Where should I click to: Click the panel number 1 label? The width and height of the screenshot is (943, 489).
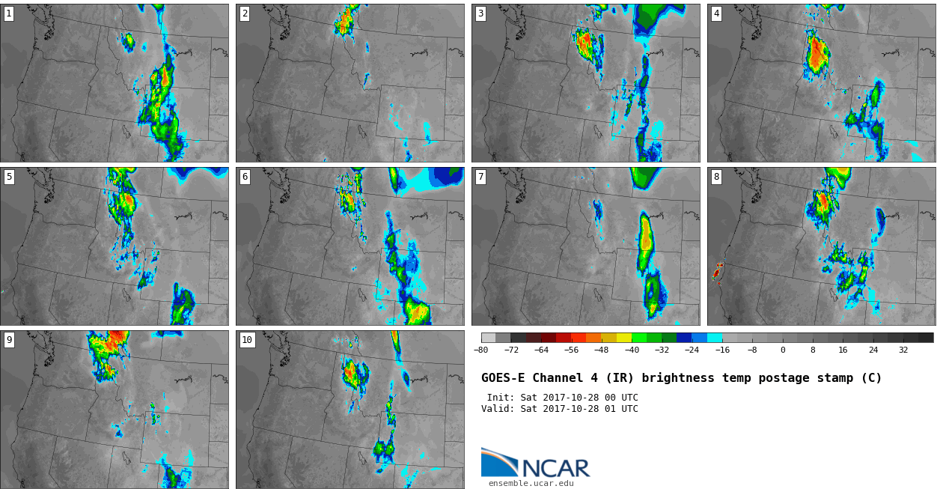coord(8,14)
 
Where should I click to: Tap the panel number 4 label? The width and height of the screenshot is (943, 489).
coord(716,14)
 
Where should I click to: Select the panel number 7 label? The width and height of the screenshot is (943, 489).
coord(480,177)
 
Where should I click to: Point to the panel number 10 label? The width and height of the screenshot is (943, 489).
coord(247,340)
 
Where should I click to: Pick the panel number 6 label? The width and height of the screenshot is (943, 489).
coord(245,177)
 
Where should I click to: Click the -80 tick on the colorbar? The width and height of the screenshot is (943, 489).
coord(480,350)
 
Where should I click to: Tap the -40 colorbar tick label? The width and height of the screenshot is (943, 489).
coord(632,350)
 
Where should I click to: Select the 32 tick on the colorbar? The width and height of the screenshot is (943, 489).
coord(903,350)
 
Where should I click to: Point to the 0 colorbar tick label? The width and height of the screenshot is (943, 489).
coord(783,350)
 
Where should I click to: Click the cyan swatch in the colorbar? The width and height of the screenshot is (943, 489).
coord(715,338)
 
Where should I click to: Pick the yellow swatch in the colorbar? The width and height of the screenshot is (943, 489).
coord(624,338)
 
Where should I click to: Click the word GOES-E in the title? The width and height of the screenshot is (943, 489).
coord(503,378)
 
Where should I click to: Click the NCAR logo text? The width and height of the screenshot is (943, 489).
coord(556,469)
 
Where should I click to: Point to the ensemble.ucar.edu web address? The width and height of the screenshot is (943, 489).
coord(531,484)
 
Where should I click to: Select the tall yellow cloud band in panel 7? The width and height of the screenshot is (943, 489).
coord(645,242)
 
